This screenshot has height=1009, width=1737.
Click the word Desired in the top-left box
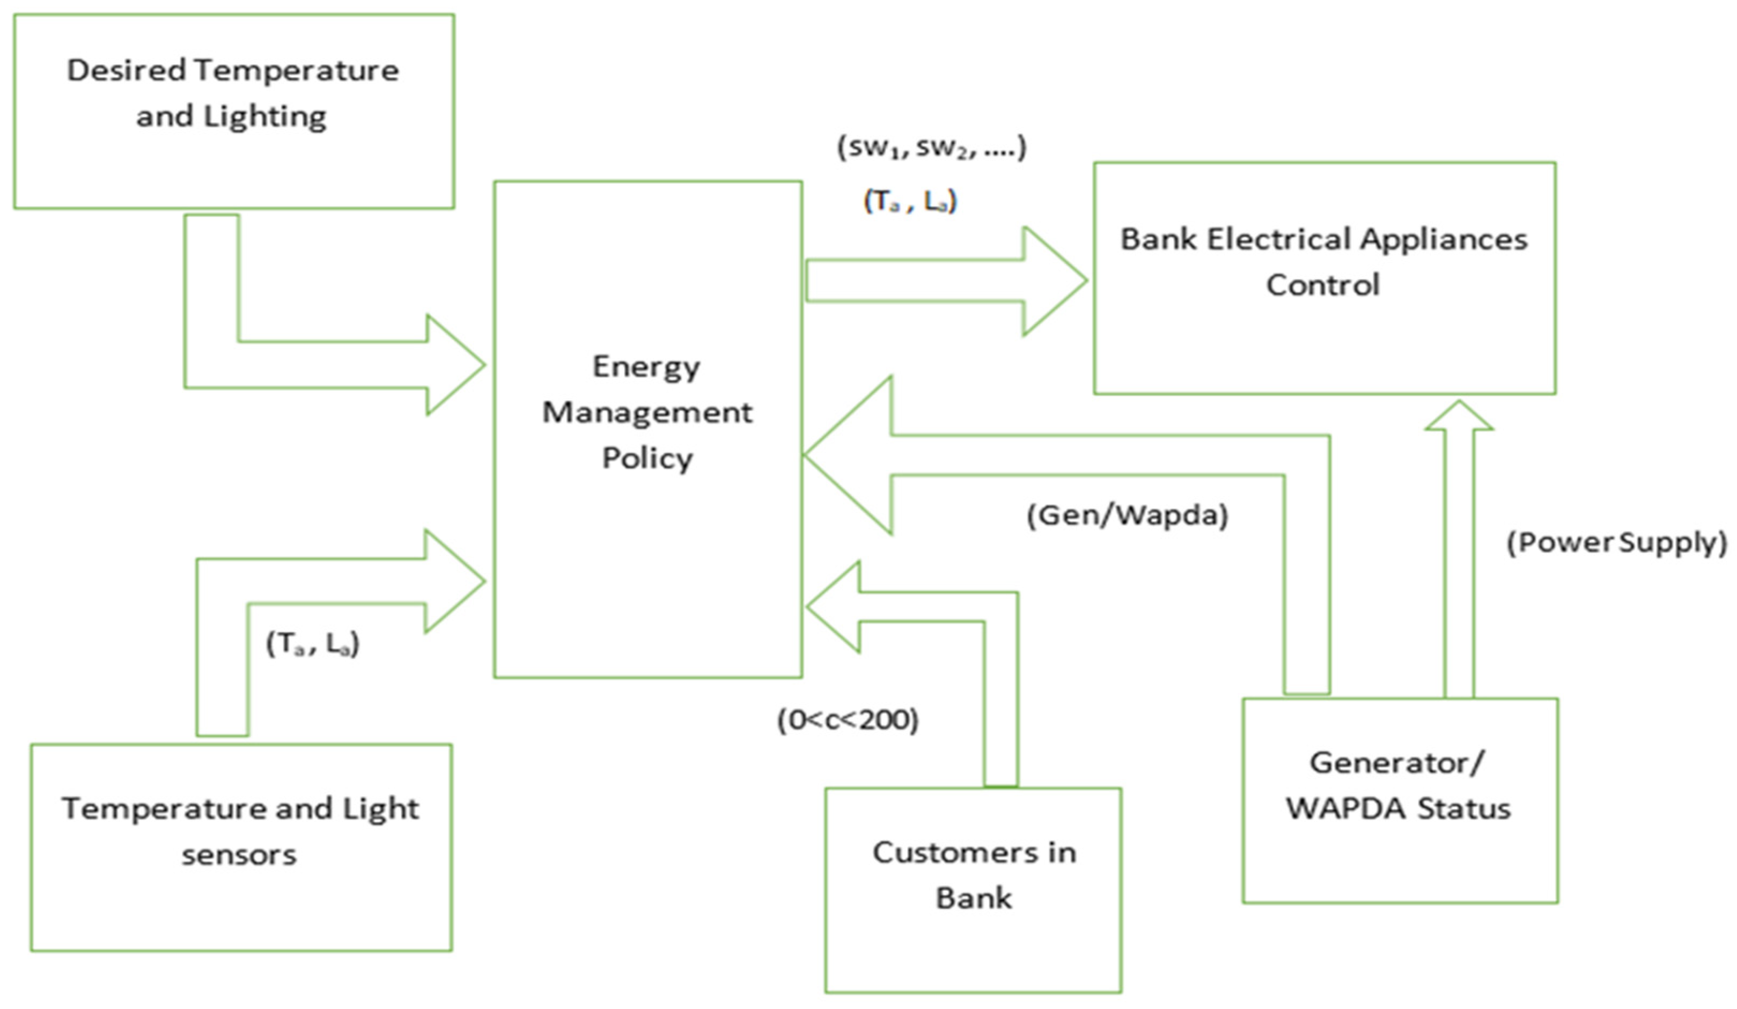click(x=126, y=70)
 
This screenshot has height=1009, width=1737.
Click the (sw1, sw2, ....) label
click(x=931, y=148)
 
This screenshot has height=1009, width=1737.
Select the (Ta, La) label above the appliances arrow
click(x=910, y=201)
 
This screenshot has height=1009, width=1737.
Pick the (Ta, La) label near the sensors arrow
click(x=313, y=644)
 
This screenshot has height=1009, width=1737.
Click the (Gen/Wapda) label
click(x=1128, y=515)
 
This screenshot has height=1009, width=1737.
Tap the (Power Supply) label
click(x=1616, y=543)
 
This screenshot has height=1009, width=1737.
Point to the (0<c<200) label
click(x=848, y=720)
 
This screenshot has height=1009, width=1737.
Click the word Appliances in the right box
click(x=1444, y=240)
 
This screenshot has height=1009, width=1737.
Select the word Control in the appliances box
click(x=1323, y=285)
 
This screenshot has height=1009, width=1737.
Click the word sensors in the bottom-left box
click(x=239, y=855)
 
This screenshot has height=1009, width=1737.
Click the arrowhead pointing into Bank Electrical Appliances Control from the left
click(x=1055, y=281)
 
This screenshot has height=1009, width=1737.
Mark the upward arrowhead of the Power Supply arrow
click(x=1459, y=416)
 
